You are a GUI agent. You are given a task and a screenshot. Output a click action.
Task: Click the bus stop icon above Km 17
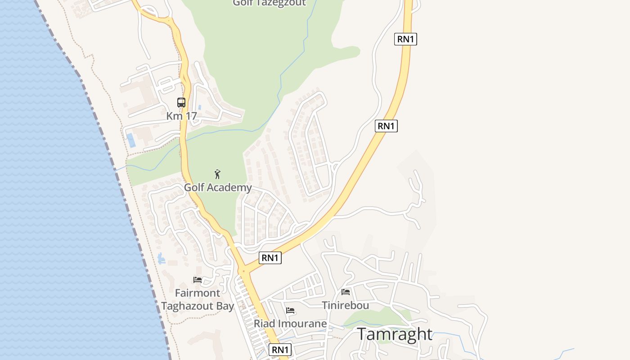pyautogui.click(x=181, y=103)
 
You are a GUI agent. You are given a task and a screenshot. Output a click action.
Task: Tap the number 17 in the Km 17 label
pyautogui.click(x=191, y=116)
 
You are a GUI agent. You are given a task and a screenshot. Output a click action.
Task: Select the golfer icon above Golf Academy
pyautogui.click(x=218, y=174)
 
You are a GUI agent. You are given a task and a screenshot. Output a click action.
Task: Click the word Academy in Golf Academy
pyautogui.click(x=230, y=188)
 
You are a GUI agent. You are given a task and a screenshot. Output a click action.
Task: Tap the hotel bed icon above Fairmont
pyautogui.click(x=198, y=280)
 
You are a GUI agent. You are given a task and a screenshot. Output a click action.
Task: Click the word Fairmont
pyautogui.click(x=198, y=293)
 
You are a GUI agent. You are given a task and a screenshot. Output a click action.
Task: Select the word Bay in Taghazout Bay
pyautogui.click(x=225, y=306)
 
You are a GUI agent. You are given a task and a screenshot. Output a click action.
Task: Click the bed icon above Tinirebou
pyautogui.click(x=346, y=292)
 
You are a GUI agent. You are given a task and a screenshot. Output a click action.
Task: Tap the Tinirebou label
pyautogui.click(x=346, y=306)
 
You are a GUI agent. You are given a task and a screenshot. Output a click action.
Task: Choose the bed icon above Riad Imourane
pyautogui.click(x=290, y=310)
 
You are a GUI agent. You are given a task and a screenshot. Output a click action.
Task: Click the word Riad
pyautogui.click(x=264, y=324)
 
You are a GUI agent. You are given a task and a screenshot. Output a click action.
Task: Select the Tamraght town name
pyautogui.click(x=395, y=334)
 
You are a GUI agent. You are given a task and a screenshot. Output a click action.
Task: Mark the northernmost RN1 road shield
pyautogui.click(x=405, y=39)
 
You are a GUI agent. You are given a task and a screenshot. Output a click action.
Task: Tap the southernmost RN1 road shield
pyautogui.click(x=280, y=350)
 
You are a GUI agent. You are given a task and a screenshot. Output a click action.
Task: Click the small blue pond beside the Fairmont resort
pyautogui.click(x=161, y=259)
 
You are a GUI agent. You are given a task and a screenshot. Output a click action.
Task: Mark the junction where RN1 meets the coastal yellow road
pyautogui.click(x=243, y=270)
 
